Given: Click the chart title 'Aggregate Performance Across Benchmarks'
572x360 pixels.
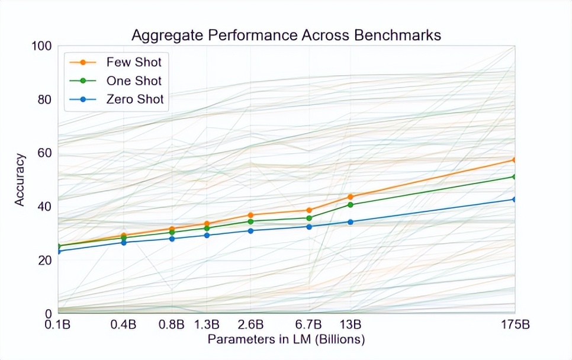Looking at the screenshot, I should [286, 35].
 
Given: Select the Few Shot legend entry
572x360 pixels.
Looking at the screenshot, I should [133, 62].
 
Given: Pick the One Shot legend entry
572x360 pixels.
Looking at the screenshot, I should [133, 81].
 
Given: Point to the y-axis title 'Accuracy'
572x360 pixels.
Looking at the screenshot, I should [20, 180].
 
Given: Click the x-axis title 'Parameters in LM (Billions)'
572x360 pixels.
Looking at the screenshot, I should [286, 340].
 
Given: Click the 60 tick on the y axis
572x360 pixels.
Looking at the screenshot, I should [45, 153].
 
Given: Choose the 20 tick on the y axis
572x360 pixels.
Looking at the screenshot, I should [45, 260].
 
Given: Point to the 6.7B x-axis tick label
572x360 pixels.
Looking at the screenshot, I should [309, 325].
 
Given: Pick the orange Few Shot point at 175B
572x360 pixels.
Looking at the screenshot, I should [515, 160].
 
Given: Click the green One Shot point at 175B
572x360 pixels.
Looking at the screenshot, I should [515, 176].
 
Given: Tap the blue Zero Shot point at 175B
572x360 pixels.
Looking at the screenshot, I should [515, 199].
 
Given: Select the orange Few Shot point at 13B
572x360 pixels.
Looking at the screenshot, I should [351, 197].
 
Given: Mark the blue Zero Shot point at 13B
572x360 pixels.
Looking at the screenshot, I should [351, 222].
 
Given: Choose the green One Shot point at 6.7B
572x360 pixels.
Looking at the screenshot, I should [309, 218].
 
